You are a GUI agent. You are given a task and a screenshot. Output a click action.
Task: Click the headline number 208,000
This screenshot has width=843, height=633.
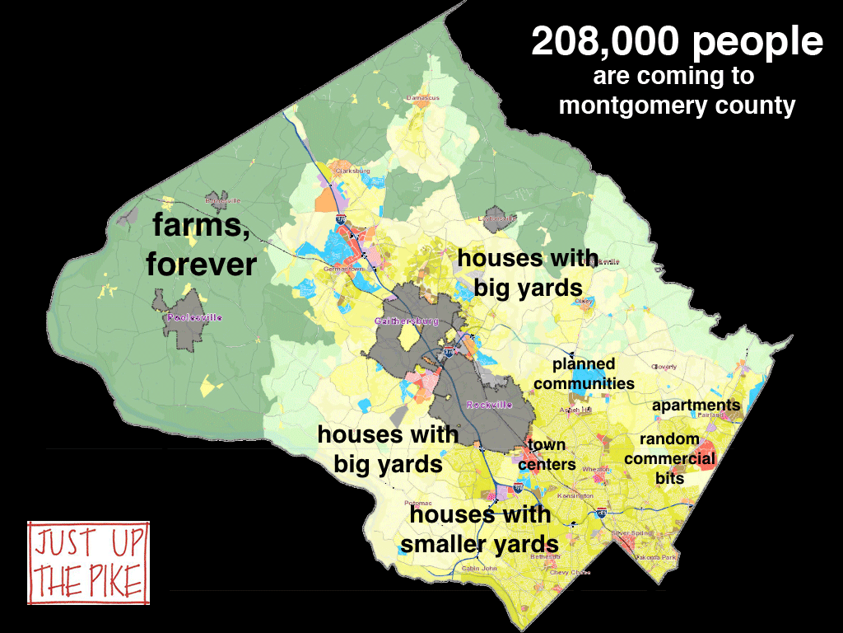[605, 43]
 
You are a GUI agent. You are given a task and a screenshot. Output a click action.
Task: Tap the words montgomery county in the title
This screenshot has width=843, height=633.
[677, 105]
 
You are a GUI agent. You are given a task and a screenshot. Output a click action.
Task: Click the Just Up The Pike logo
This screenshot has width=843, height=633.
[89, 561]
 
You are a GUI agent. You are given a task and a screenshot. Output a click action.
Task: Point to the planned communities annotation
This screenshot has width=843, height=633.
[584, 373]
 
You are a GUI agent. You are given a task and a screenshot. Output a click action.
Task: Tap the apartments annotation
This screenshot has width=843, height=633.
[696, 406]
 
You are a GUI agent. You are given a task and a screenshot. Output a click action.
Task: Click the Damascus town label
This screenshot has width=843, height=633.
[423, 98]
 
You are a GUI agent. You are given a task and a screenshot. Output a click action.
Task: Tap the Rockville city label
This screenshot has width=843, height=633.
[489, 405]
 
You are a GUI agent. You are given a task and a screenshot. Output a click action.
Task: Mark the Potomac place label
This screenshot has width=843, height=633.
[418, 503]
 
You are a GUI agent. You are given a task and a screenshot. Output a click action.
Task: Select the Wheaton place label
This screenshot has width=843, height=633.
[595, 470]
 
